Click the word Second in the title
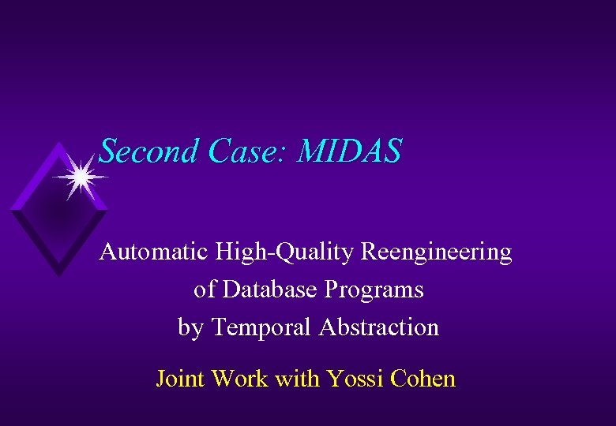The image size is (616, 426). coord(147,151)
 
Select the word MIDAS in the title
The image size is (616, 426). coord(349,151)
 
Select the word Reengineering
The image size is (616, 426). coord(437,254)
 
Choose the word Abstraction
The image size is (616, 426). coord(379,327)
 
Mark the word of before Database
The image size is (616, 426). coord(205,290)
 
